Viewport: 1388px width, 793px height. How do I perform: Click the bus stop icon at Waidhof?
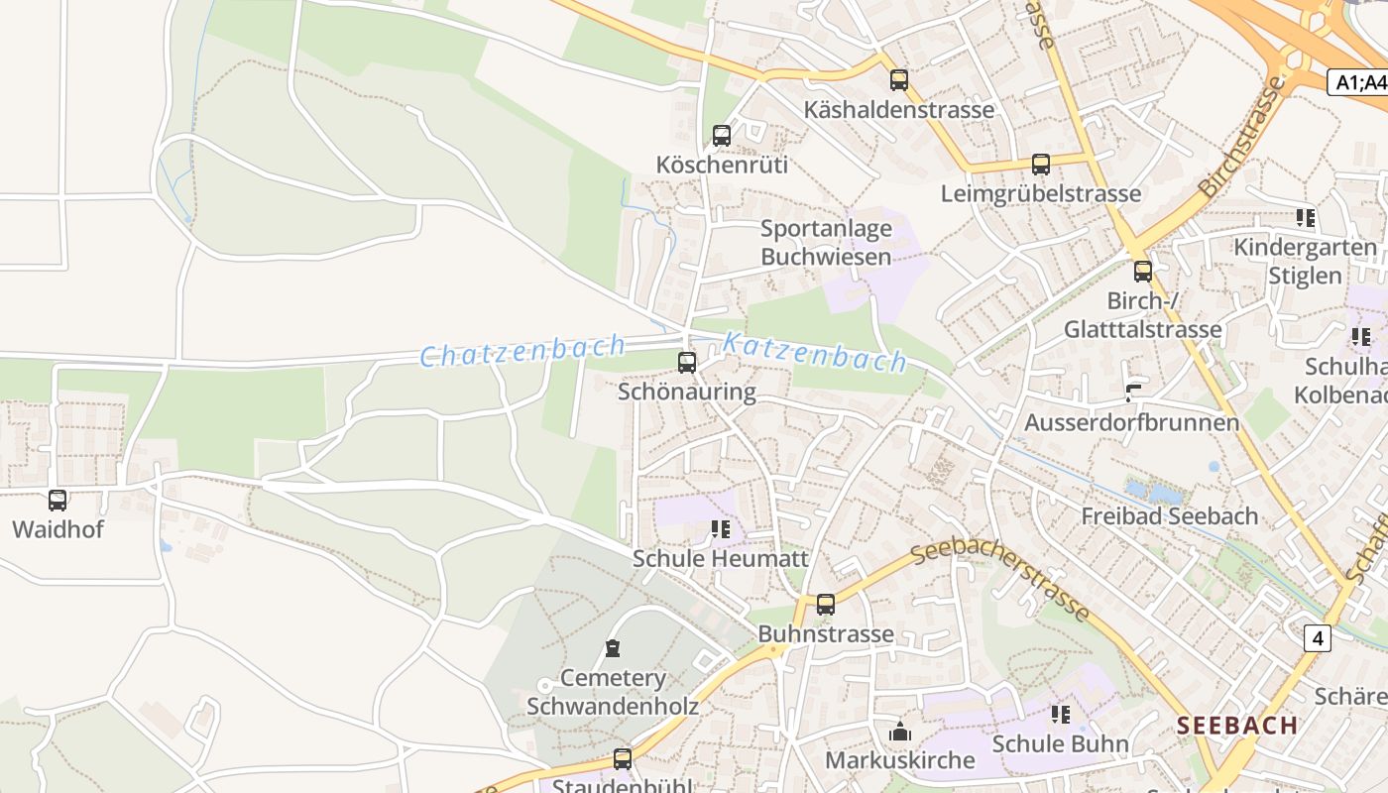(x=58, y=501)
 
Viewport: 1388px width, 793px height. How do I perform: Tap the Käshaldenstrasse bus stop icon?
(x=898, y=80)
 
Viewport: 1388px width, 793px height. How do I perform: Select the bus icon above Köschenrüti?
(x=722, y=136)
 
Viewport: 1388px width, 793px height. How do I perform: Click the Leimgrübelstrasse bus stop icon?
(x=1040, y=165)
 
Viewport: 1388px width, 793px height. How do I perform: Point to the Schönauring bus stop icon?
(x=687, y=363)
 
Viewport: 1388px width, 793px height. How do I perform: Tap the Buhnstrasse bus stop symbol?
(x=825, y=605)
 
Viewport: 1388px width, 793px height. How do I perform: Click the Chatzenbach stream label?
(x=522, y=351)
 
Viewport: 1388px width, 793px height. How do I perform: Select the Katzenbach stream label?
(x=814, y=352)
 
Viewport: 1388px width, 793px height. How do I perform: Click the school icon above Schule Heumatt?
(x=721, y=530)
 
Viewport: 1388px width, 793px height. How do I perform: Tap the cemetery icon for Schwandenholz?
(x=613, y=649)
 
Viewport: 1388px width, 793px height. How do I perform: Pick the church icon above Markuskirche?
(x=900, y=733)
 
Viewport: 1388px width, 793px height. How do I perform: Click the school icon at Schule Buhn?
(x=1061, y=715)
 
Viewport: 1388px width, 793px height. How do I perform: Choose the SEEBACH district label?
(x=1237, y=725)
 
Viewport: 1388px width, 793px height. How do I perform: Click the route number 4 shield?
(x=1317, y=638)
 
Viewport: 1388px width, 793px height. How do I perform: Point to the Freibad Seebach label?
(x=1169, y=516)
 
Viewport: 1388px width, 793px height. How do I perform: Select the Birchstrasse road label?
(x=1241, y=137)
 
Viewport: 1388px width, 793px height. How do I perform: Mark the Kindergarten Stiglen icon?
(x=1305, y=217)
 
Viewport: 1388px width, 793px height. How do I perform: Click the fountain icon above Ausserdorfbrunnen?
(x=1131, y=393)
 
